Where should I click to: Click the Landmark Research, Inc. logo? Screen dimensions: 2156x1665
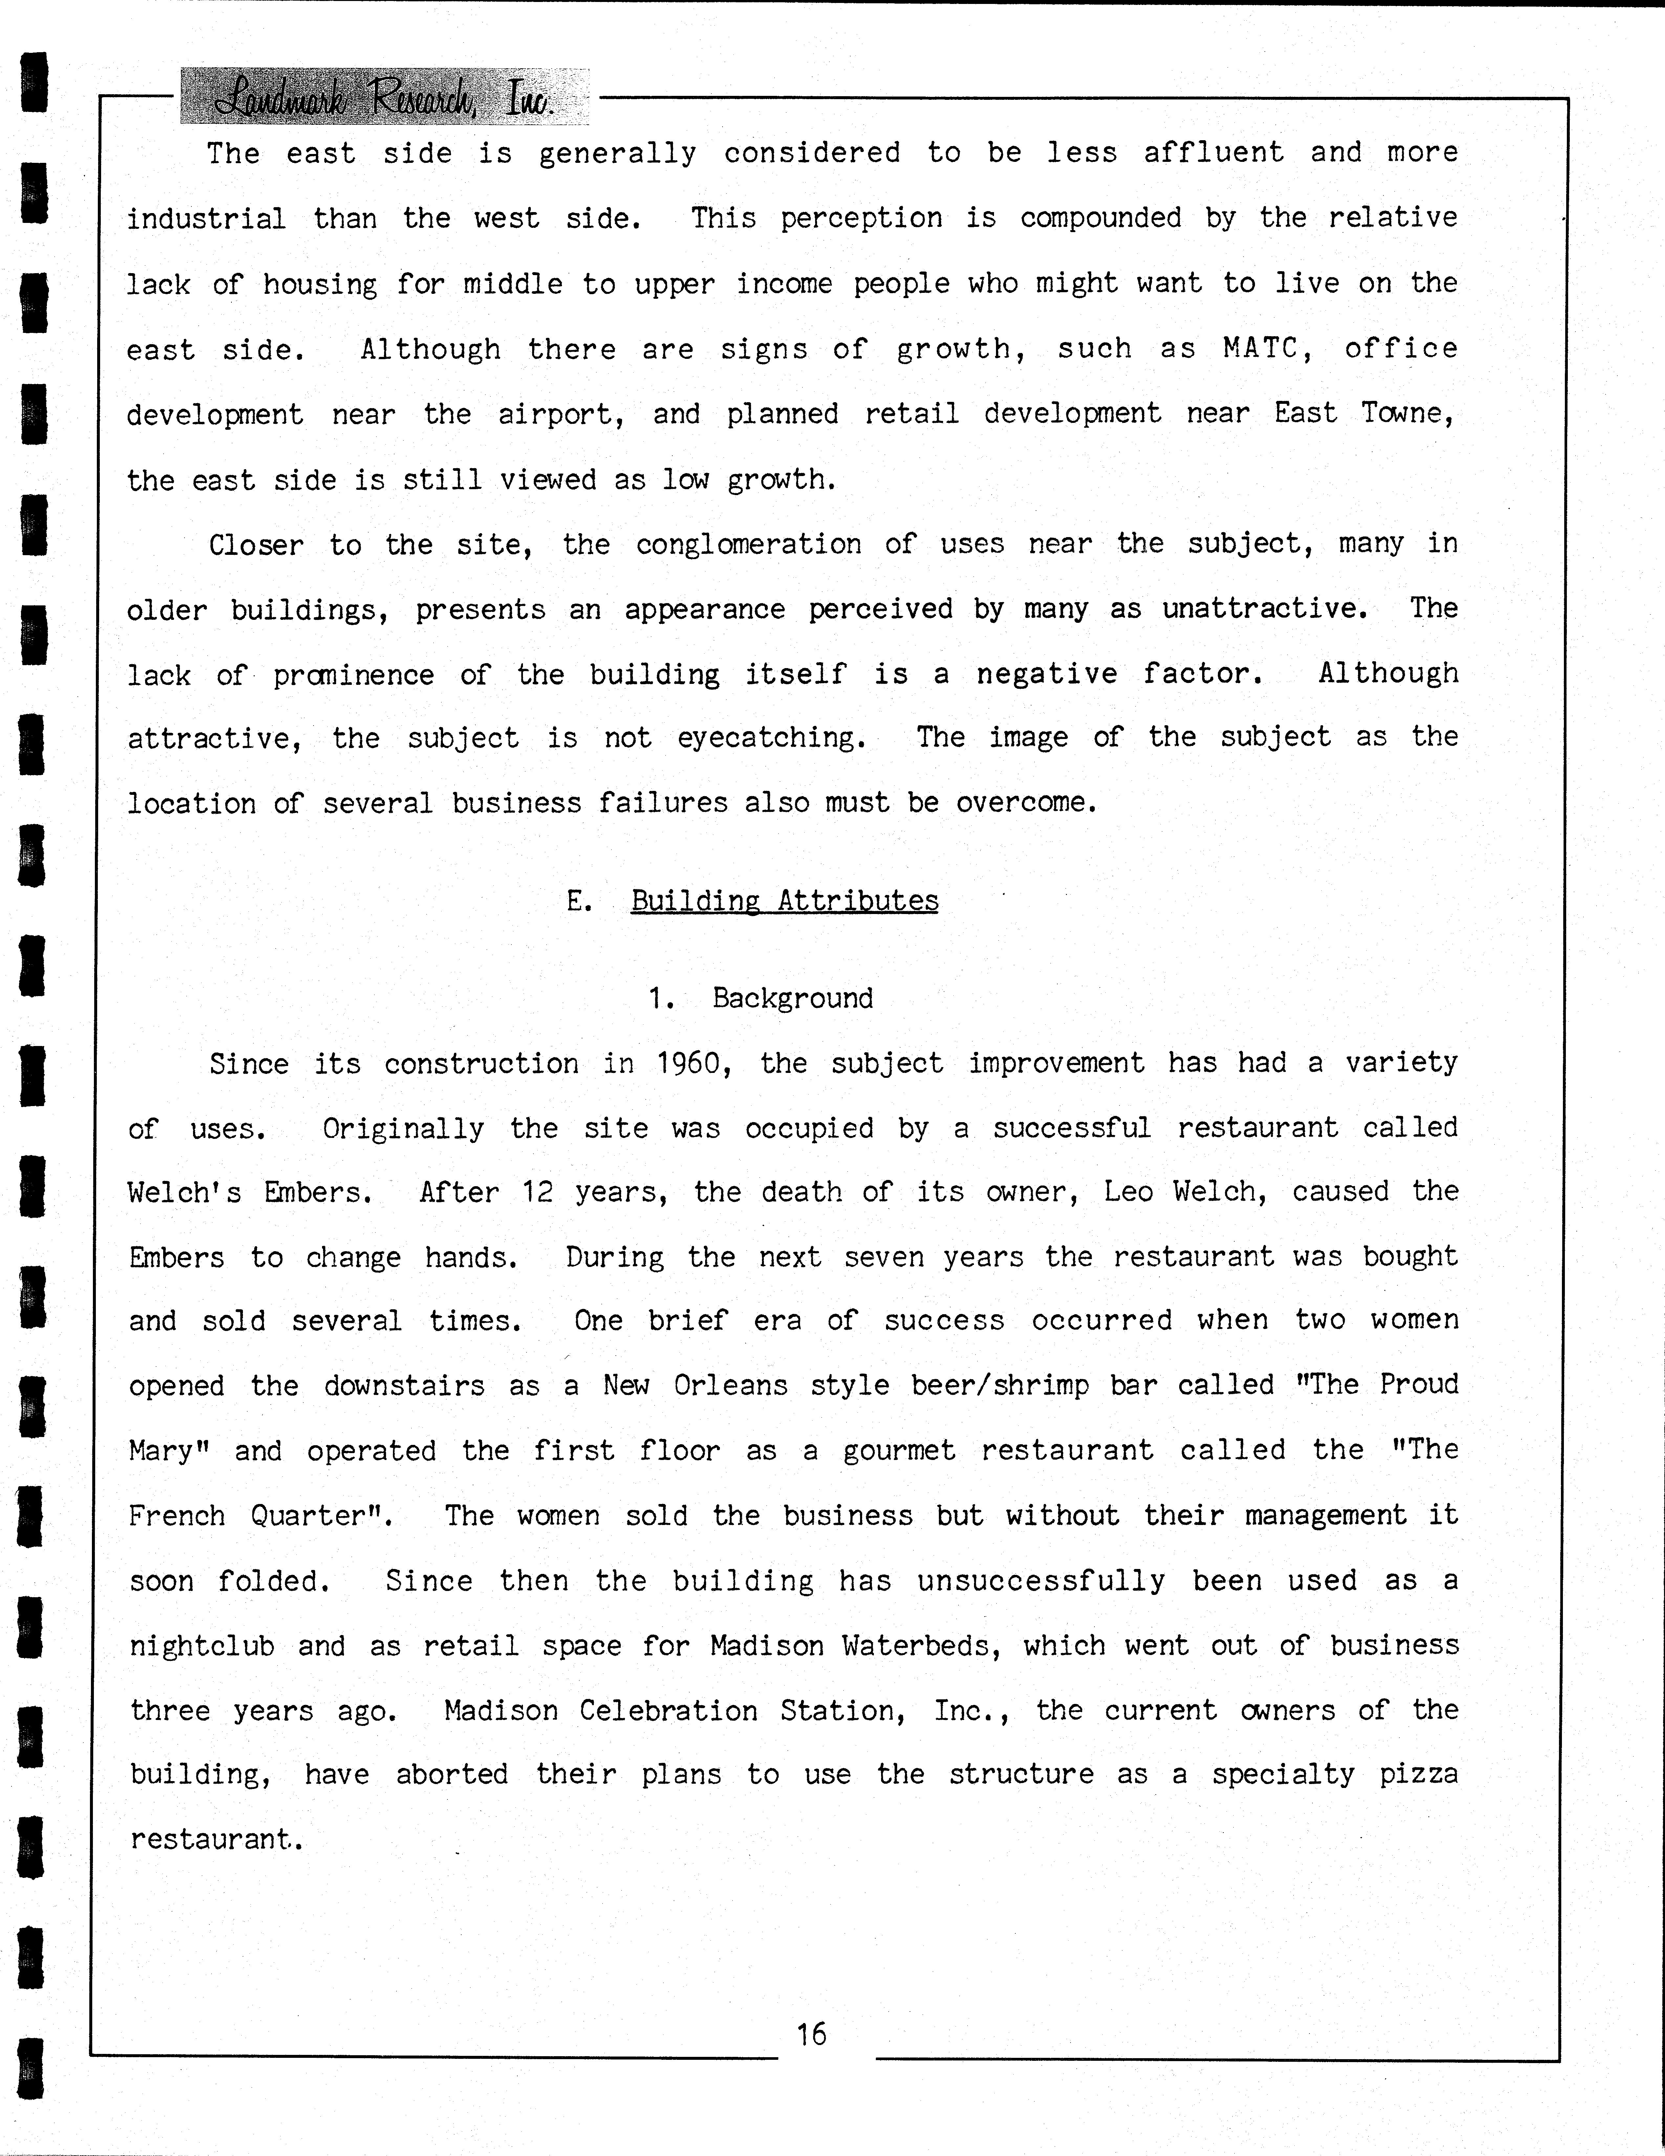[x=385, y=97]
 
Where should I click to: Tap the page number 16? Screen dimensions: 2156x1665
[x=811, y=2034]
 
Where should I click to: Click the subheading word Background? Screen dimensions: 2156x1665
[x=792, y=998]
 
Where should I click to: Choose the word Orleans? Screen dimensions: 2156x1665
[x=730, y=1385]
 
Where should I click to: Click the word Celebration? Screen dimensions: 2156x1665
[x=668, y=1710]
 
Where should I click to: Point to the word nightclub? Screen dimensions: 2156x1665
[x=201, y=1645]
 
